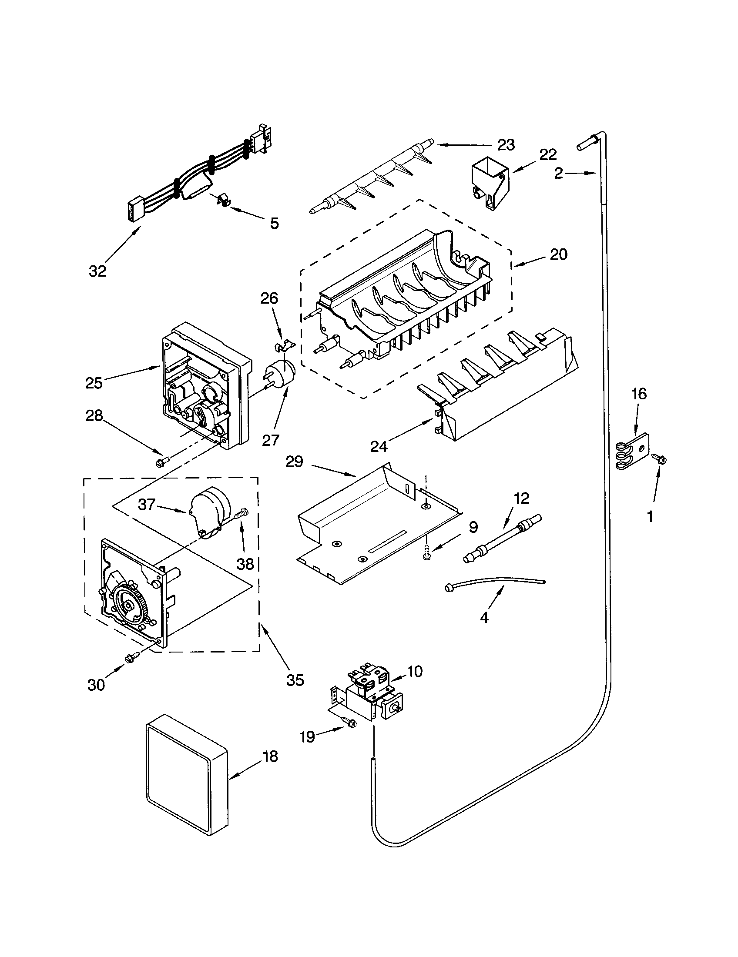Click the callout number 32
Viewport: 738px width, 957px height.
point(97,271)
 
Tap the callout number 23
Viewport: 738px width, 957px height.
point(506,145)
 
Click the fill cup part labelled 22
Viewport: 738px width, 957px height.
point(490,184)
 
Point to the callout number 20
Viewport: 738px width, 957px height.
point(558,254)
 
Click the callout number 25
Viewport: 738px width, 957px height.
point(94,382)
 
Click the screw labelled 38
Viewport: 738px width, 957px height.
point(242,512)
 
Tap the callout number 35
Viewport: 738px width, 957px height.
point(295,680)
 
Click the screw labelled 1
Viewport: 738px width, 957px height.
point(659,458)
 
